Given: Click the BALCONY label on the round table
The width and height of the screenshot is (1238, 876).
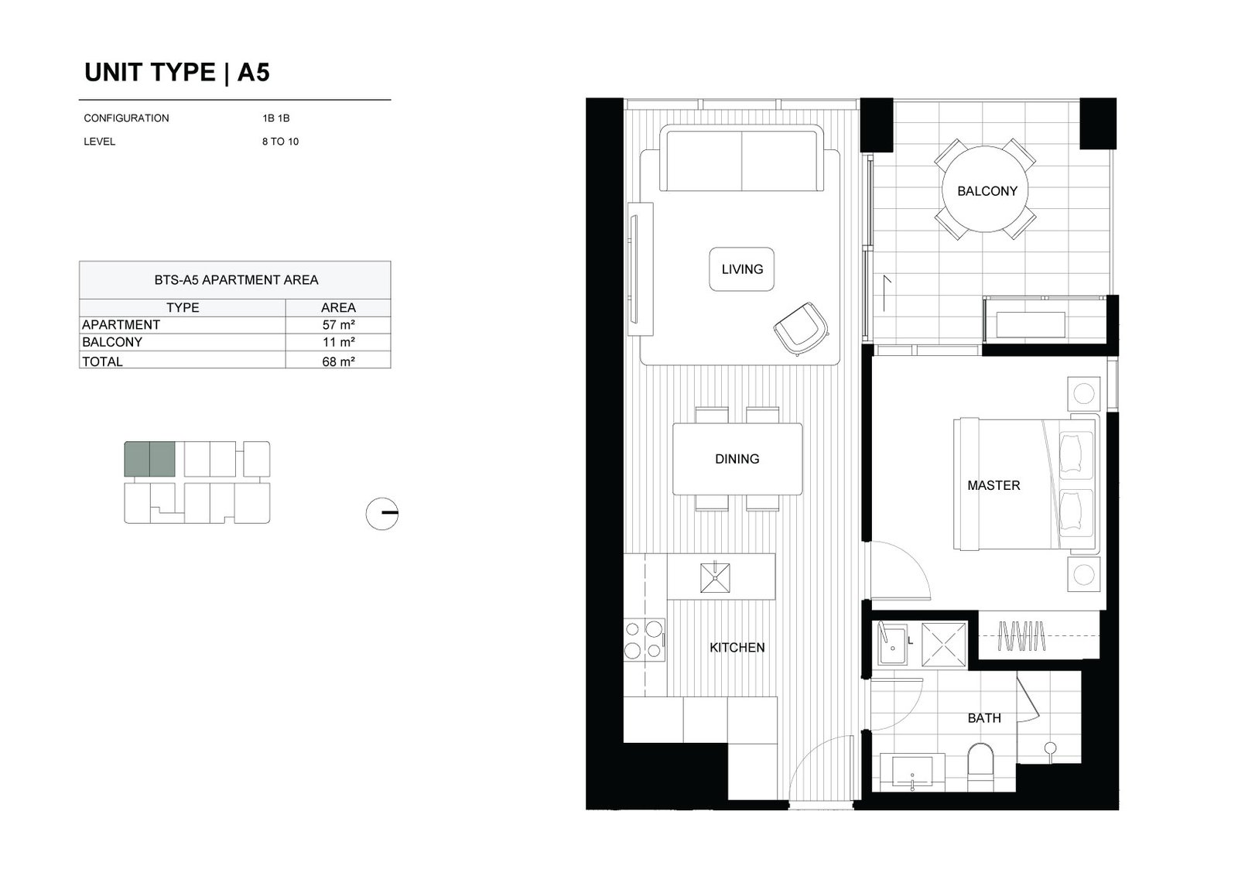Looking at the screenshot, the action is coord(987,191).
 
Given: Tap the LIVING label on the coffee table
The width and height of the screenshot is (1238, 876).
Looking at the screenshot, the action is coord(742,269).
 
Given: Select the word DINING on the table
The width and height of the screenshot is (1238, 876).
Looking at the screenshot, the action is coord(737,459).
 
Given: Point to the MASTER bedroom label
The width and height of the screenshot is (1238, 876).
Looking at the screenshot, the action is coord(993,485).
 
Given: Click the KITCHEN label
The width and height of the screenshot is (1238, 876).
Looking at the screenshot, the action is coord(737,647).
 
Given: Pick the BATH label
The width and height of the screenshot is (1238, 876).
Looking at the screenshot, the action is coord(983,718).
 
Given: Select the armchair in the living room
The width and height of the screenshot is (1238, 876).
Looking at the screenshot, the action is coord(801,329).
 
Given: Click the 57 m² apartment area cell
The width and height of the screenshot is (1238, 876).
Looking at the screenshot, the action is coord(338,325).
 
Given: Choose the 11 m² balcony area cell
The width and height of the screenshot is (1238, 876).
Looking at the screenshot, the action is coord(338,342).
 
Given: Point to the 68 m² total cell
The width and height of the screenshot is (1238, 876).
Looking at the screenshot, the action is coord(338,361).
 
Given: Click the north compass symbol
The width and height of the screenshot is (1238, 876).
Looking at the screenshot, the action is coord(382,513).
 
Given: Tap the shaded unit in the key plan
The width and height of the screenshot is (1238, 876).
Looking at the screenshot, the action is coord(150,459).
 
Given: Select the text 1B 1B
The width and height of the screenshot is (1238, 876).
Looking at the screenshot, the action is coord(275,118).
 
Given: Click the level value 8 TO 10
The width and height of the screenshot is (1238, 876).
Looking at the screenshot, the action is coord(280,142).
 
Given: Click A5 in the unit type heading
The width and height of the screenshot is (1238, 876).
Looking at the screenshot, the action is coord(253,73).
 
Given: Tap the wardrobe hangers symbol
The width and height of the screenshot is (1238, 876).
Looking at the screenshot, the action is coord(1021,636).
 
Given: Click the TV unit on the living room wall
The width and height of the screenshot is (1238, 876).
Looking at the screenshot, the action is coord(641,269).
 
